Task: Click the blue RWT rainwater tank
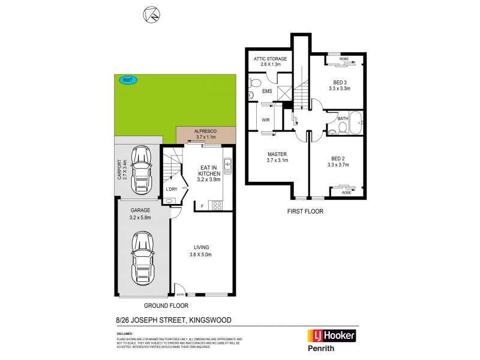click(127, 80)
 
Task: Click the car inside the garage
click(143, 258)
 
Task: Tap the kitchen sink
click(227, 163)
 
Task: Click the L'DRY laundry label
click(172, 189)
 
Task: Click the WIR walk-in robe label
click(266, 120)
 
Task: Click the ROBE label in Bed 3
click(344, 59)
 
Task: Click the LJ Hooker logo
click(331, 335)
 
